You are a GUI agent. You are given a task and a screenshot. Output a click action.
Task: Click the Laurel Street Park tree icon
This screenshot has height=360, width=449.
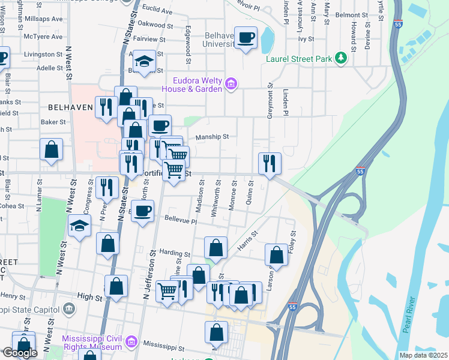341,58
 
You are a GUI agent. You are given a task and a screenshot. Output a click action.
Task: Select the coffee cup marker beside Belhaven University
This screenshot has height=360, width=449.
246,38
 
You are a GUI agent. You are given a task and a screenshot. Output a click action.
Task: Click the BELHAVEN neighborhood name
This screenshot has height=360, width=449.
70,108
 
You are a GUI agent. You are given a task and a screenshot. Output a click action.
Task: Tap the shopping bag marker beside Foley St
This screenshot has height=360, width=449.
277,254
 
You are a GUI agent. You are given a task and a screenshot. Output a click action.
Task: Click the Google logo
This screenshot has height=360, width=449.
20,353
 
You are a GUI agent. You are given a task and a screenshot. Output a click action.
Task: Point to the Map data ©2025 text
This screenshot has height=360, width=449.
423,355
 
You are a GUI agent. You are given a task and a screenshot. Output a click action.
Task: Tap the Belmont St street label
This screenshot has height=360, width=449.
351,14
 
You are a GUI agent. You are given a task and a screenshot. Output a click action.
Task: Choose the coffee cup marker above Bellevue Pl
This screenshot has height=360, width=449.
142,212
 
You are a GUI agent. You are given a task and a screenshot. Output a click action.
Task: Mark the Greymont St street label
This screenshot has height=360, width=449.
270,101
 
